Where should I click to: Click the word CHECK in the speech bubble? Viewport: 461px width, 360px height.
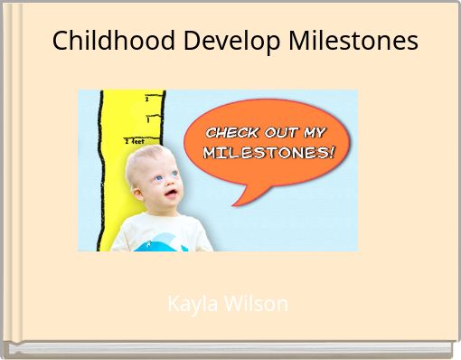point(233,132)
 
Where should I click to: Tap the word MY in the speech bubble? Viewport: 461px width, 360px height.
point(317,132)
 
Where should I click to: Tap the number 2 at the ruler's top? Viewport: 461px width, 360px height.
point(146,98)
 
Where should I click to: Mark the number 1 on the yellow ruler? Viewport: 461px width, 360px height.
point(147,119)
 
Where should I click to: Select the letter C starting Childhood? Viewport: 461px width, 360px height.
point(60,41)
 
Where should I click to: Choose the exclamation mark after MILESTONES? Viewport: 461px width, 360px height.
point(331,151)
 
